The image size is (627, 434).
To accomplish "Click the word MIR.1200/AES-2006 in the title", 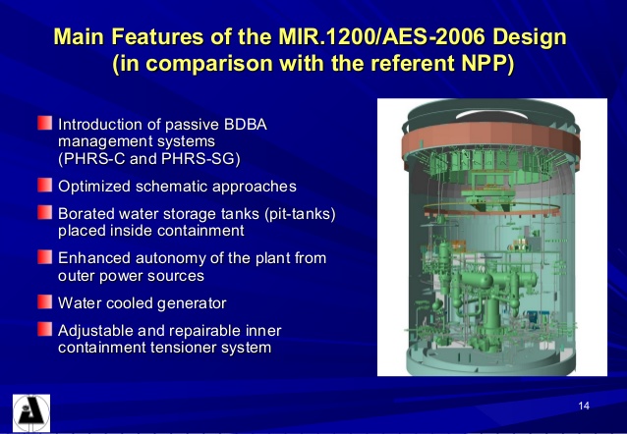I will click(x=386, y=38).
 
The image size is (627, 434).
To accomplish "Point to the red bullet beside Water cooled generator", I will click(x=44, y=300).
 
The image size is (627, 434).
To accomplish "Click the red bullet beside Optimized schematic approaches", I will click(x=44, y=185).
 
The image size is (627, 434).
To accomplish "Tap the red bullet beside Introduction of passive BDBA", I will click(x=44, y=124).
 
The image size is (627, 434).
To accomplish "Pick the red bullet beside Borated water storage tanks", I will click(x=44, y=211).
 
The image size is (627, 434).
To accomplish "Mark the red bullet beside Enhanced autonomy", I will click(x=44, y=256).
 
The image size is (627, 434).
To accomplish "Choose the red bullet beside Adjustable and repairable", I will click(x=44, y=328).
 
